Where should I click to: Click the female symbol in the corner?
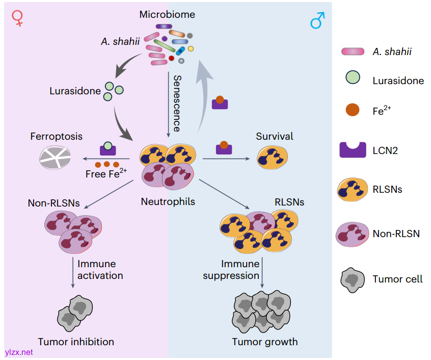[18, 19]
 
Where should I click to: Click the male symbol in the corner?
[317, 21]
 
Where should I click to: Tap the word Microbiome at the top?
[167, 14]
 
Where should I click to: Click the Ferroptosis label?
[56, 137]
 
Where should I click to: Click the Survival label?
[275, 136]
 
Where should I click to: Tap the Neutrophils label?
[168, 202]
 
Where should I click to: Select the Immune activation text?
[100, 270]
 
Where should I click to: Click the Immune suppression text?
[232, 270]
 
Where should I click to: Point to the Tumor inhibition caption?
[76, 341]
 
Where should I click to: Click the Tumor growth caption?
[265, 341]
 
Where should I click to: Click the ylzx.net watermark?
[18, 352]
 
